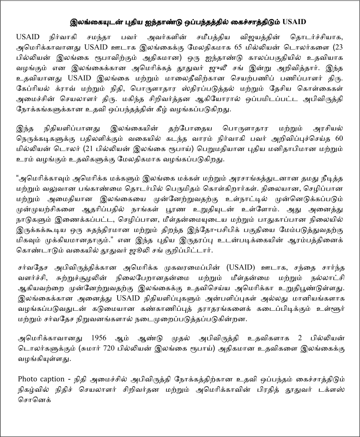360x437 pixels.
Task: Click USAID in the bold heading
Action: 295,22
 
